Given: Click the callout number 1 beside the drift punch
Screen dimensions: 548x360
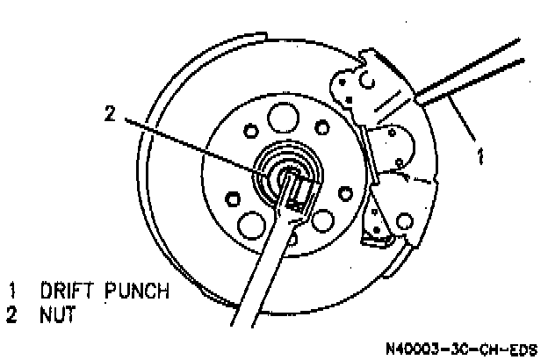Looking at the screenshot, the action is (479, 158).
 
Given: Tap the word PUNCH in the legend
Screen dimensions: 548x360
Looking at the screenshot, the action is (135, 291).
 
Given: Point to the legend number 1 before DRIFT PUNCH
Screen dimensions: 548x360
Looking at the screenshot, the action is (12, 291).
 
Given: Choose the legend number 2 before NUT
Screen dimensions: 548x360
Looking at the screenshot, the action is (12, 312).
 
